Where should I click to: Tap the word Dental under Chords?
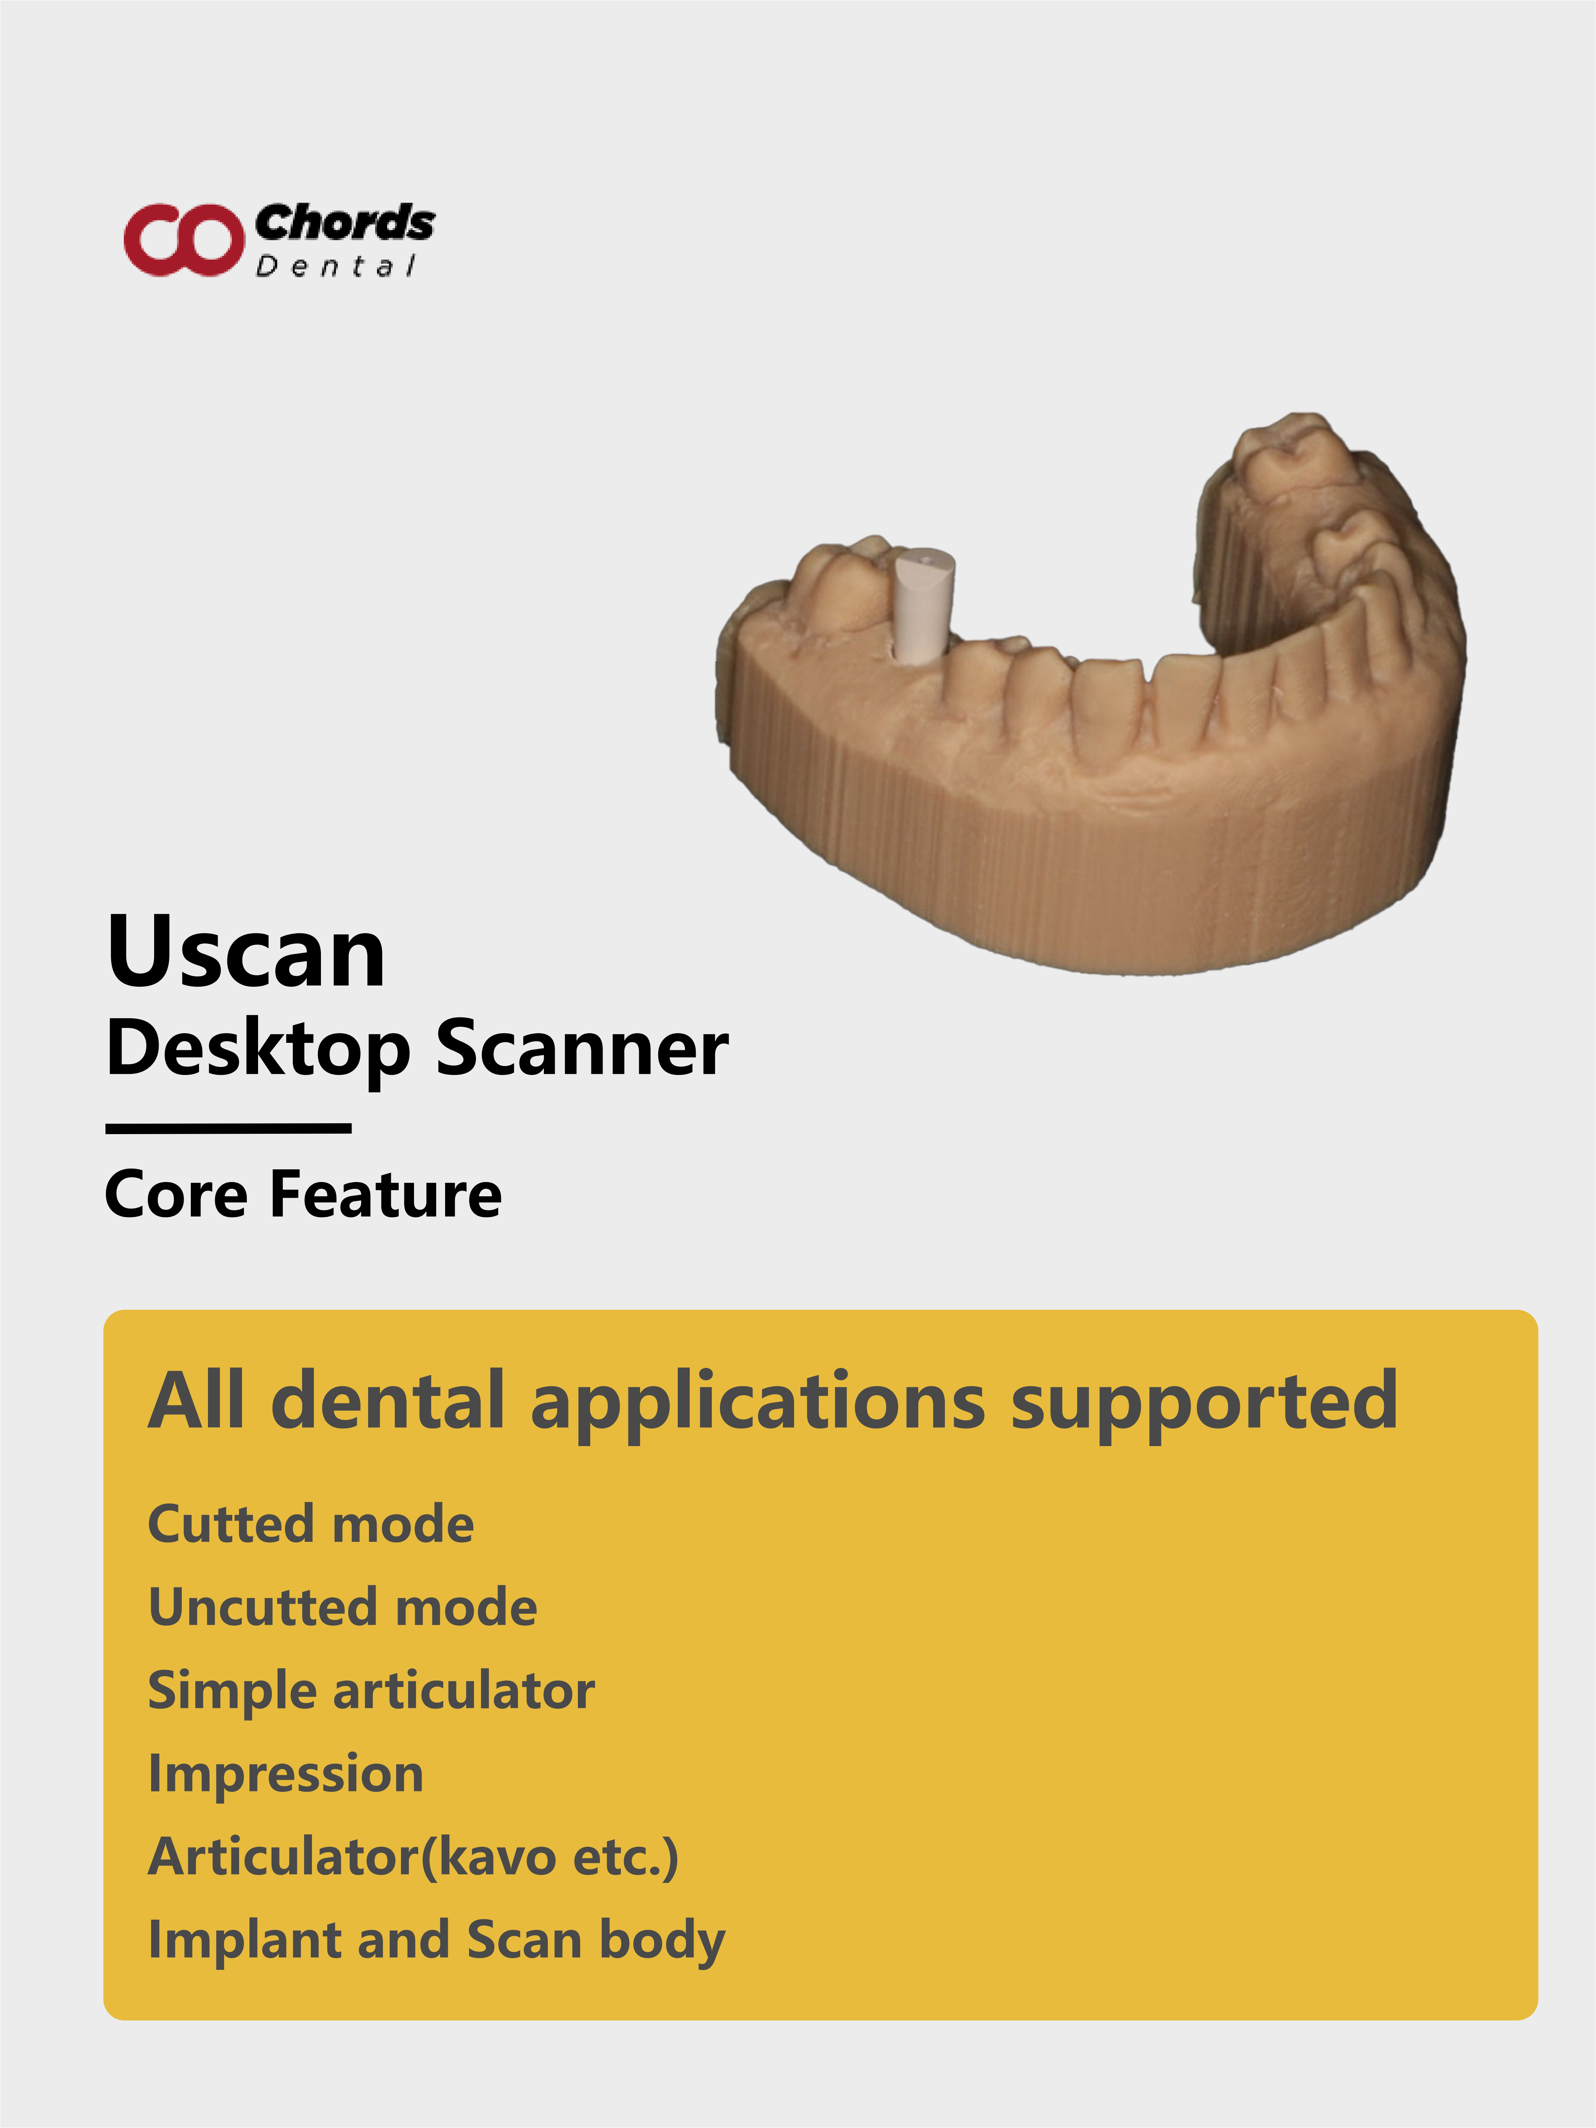[336, 266]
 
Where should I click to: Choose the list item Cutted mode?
[311, 1524]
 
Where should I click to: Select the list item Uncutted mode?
[343, 1607]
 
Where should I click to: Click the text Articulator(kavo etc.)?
[414, 1857]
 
